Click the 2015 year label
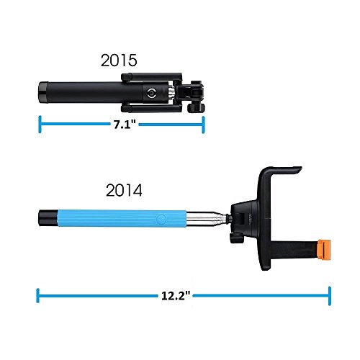[119, 60]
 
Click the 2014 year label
[124, 191]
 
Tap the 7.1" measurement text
[125, 125]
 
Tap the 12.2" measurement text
[176, 295]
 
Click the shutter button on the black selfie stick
[152, 93]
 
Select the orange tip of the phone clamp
[324, 249]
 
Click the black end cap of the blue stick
[48, 218]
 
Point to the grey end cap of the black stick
[43, 93]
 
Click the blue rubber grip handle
[122, 219]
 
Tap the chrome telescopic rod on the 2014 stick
[207, 218]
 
